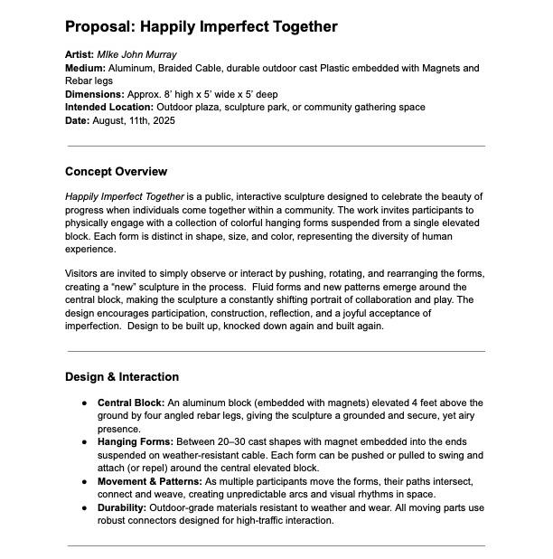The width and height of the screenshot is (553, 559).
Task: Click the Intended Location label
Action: pyautogui.click(x=109, y=108)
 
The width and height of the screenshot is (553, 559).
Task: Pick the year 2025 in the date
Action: pyautogui.click(x=161, y=120)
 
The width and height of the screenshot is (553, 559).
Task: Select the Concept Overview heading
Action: pyautogui.click(x=116, y=172)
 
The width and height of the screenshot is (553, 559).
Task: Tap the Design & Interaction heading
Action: pyautogui.click(x=122, y=377)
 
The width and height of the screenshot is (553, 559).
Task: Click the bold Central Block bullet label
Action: pyautogui.click(x=130, y=403)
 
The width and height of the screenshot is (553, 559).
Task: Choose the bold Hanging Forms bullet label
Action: pyautogui.click(x=134, y=442)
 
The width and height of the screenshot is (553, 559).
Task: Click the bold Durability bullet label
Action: pyautogui.click(x=121, y=508)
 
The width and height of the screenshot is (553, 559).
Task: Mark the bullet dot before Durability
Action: pyautogui.click(x=85, y=508)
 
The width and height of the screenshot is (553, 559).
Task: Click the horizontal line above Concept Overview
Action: pyautogui.click(x=276, y=146)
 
